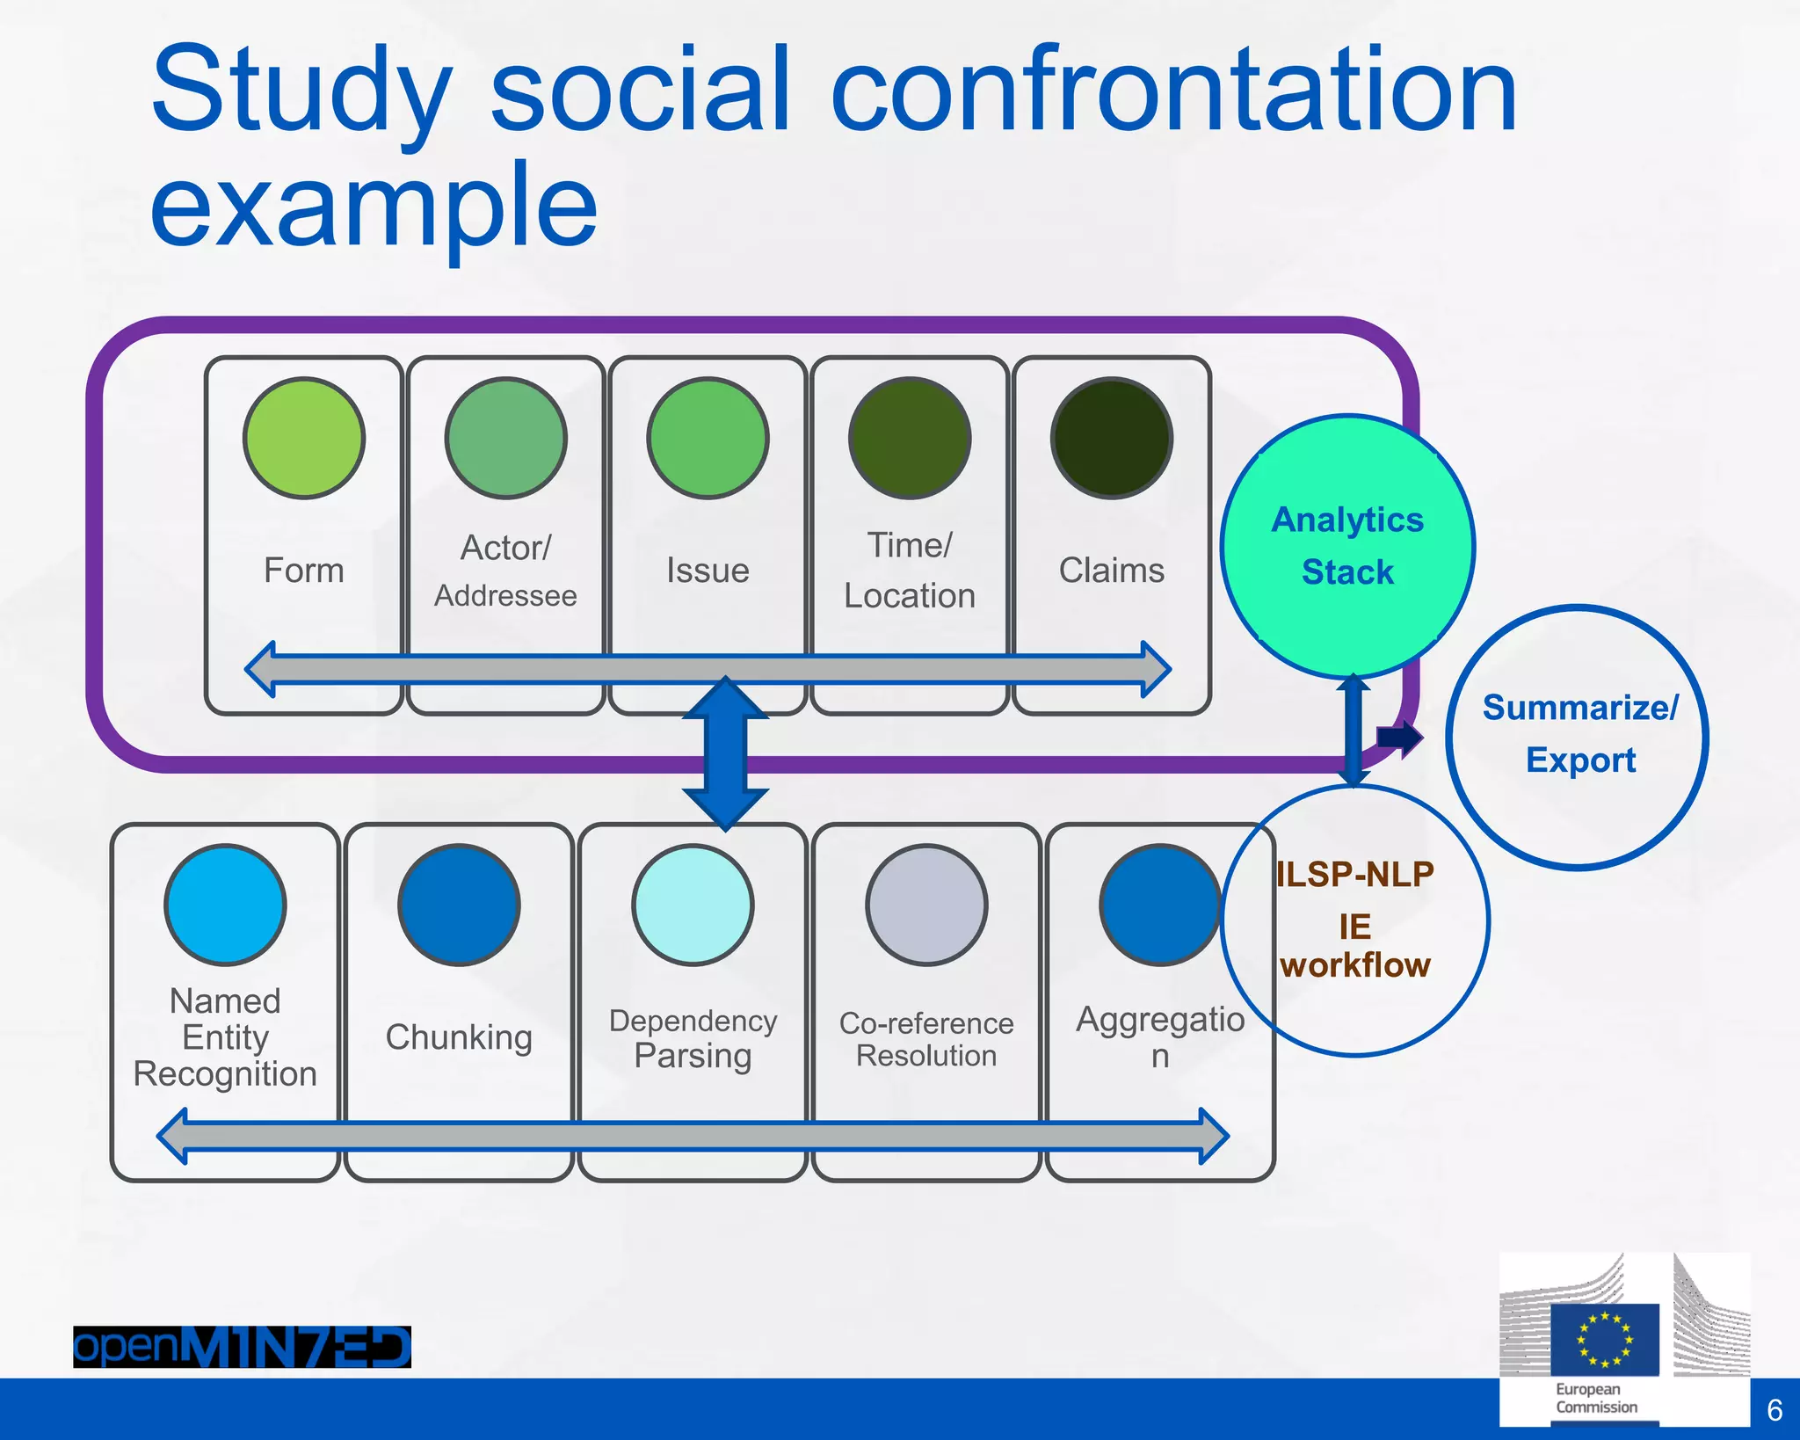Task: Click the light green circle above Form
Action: [x=304, y=438]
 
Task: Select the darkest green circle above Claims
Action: [x=1112, y=438]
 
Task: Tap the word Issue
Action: [x=708, y=571]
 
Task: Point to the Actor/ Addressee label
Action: [x=505, y=571]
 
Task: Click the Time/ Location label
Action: [x=910, y=571]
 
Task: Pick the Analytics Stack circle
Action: [x=1347, y=546]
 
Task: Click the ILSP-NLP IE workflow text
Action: [x=1355, y=920]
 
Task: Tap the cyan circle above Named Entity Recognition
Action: [x=225, y=905]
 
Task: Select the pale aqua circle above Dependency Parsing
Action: [x=693, y=905]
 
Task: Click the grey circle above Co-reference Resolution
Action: [x=926, y=905]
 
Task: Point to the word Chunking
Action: [x=459, y=1037]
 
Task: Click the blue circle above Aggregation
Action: [x=1160, y=905]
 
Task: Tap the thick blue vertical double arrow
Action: [x=726, y=753]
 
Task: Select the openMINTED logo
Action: [x=242, y=1346]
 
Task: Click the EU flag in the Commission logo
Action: [x=1605, y=1339]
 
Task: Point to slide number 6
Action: [x=1775, y=1410]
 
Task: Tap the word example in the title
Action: [x=374, y=207]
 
